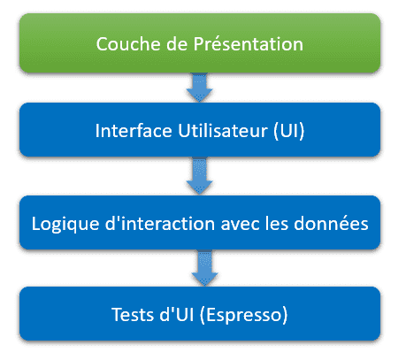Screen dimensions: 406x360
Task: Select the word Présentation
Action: tap(249, 44)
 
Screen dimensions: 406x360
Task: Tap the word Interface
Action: tap(134, 131)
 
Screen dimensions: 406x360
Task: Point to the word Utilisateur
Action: tap(223, 131)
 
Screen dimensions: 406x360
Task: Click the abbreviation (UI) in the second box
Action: tap(289, 131)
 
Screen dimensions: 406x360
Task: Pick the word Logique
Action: tap(65, 224)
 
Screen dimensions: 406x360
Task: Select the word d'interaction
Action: tap(160, 223)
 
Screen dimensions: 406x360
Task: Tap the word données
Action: tap(331, 223)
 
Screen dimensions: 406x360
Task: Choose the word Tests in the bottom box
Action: tap(133, 315)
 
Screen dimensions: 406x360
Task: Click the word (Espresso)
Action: tap(243, 315)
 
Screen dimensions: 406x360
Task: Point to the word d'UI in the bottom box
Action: tap(177, 314)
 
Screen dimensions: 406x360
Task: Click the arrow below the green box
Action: tap(200, 88)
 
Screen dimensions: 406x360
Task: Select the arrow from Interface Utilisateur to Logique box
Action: tap(200, 176)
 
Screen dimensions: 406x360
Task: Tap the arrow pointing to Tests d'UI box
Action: tap(204, 268)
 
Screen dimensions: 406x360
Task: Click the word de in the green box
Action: tap(177, 44)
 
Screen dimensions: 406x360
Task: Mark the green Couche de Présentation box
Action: tap(200, 43)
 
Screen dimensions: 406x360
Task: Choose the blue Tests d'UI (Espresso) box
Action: tap(200, 314)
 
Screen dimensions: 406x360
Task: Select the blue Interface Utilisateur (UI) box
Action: tap(200, 130)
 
